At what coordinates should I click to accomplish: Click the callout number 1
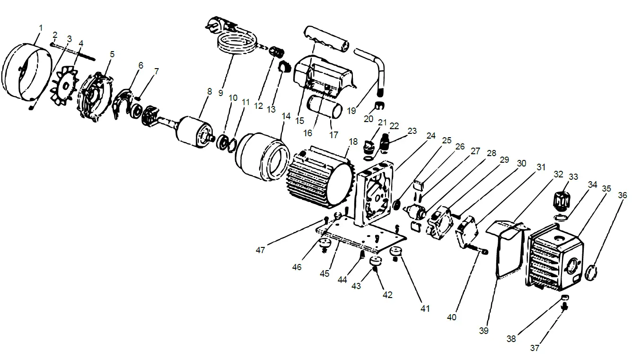pos(40,28)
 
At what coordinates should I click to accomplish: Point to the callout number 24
pos(430,136)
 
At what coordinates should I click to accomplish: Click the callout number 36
pos(623,194)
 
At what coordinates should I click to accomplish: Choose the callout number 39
pos(483,331)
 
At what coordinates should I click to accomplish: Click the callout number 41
pos(425,308)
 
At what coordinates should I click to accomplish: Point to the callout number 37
pos(534,348)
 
